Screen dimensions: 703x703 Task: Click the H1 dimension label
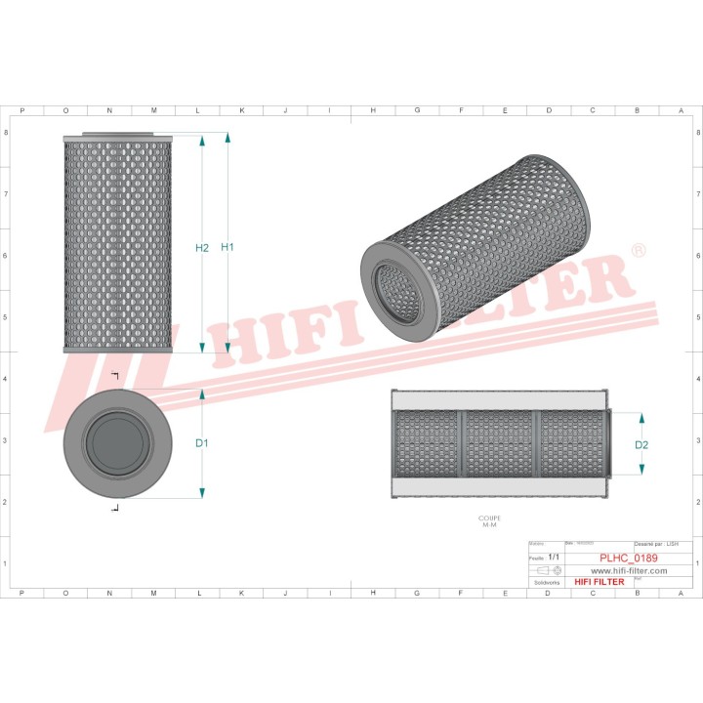(227, 248)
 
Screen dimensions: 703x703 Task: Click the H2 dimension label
(202, 248)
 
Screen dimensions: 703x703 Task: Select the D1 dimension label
(202, 443)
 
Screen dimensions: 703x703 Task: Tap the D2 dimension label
(642, 445)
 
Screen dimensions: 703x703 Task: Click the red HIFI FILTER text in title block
(599, 582)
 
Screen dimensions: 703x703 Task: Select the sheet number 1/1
(554, 557)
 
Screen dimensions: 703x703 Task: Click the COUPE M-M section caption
(489, 522)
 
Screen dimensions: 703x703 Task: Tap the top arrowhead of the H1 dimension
(227, 138)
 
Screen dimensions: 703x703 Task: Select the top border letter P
(21, 110)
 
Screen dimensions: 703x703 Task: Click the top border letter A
(681, 110)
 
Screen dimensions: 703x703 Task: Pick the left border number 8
(7, 133)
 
